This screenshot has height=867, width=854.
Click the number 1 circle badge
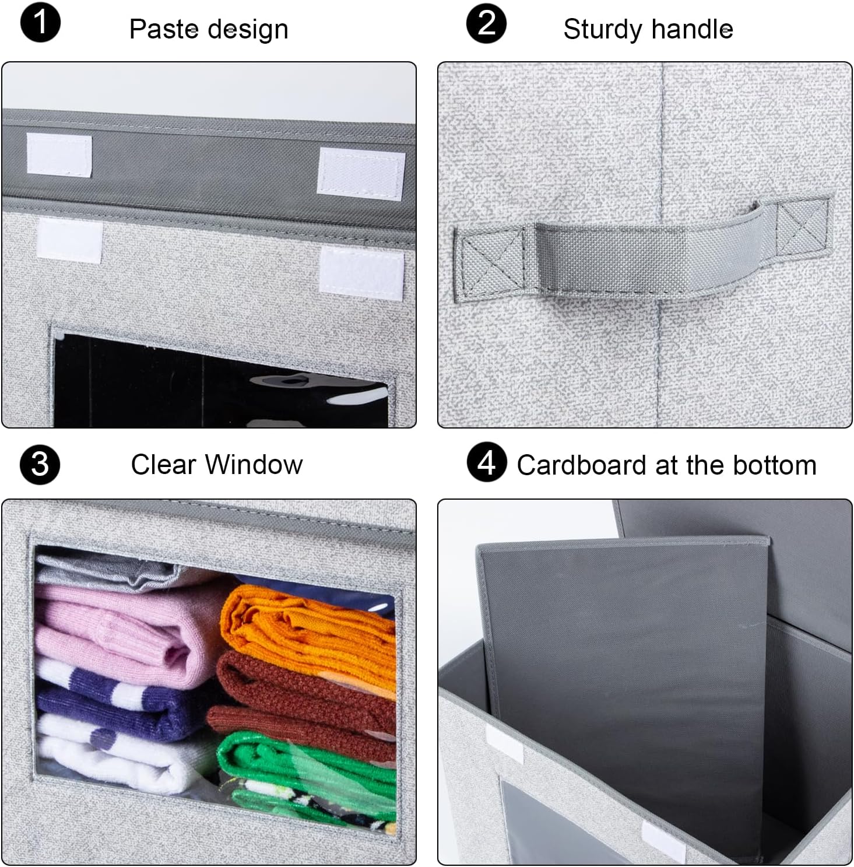(40, 23)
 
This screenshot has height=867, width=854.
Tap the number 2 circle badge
(486, 23)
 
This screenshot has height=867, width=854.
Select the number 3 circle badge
(40, 465)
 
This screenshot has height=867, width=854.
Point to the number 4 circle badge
(486, 463)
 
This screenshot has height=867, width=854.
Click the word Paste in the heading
(163, 29)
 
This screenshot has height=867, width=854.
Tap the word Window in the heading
(254, 465)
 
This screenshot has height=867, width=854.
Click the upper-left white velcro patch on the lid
(59, 155)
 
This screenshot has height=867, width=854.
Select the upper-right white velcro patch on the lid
(361, 174)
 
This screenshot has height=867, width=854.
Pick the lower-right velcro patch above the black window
(361, 270)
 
